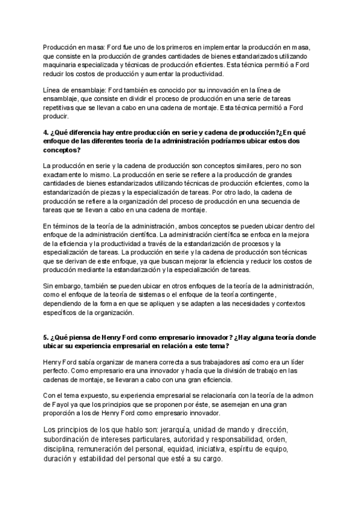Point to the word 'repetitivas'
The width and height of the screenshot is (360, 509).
pyautogui.click(x=61, y=108)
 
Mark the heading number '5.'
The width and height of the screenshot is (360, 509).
pyautogui.click(x=47, y=337)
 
